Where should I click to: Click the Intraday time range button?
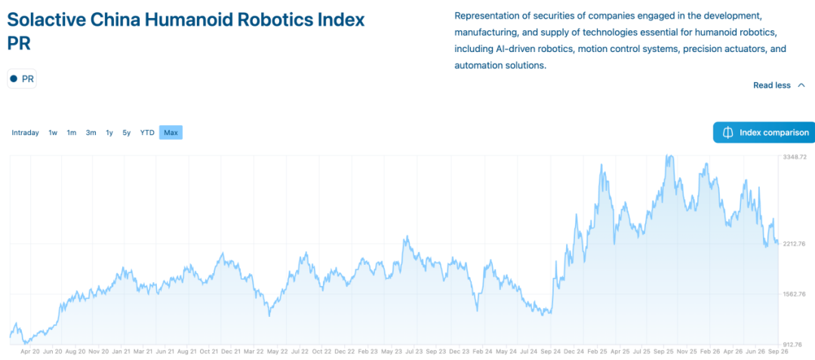[26, 133]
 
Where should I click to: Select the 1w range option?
[53, 133]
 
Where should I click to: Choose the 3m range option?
[91, 133]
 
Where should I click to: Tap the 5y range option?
[126, 133]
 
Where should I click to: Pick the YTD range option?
[147, 133]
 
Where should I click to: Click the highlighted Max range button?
[171, 133]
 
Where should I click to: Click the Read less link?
[772, 85]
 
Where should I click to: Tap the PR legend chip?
[22, 79]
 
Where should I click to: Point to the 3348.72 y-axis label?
[795, 156]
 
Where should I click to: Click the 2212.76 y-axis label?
[795, 244]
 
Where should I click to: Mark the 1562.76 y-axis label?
[795, 294]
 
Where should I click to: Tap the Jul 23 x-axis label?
[414, 351]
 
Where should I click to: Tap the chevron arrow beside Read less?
[801, 85]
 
